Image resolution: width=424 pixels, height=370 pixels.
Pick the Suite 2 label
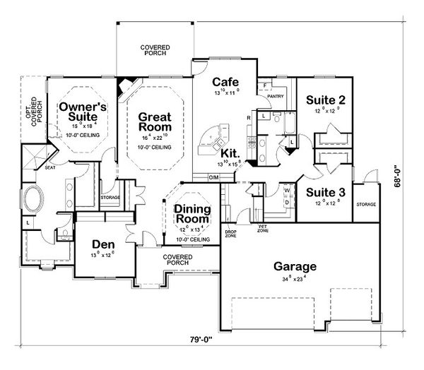click(326, 100)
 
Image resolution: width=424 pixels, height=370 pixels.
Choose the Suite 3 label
click(326, 192)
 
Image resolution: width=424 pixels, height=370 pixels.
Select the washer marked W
click(288, 189)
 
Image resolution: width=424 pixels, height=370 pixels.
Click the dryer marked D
click(288, 202)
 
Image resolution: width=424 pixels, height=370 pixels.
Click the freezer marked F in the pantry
click(264, 85)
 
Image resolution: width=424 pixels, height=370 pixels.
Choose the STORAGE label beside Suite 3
click(366, 205)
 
